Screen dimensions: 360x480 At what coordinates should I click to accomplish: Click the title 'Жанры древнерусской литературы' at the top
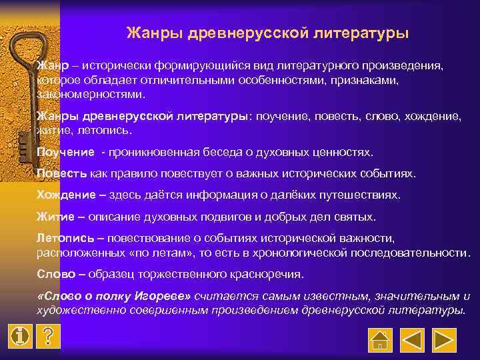click(267, 33)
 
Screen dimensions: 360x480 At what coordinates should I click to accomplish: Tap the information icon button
click(21, 336)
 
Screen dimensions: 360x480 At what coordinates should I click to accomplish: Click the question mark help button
click(47, 336)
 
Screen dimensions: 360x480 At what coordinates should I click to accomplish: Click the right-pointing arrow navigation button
click(445, 339)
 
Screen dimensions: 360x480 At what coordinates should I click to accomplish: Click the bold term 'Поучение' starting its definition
click(65, 152)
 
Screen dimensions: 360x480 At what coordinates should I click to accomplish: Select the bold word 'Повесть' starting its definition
click(61, 173)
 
